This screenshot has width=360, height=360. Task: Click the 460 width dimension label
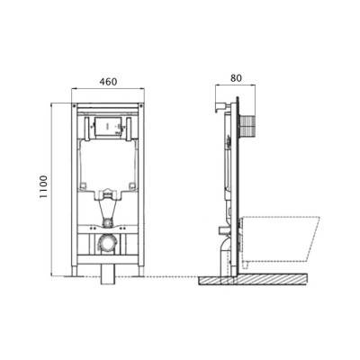(108, 82)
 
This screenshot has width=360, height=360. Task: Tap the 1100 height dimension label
(43, 186)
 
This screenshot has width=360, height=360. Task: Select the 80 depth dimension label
(236, 78)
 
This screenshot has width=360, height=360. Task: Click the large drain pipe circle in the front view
(108, 242)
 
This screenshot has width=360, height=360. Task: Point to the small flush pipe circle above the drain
(108, 223)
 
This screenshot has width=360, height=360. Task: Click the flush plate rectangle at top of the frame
(108, 126)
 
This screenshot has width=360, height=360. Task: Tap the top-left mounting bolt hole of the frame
(74, 105)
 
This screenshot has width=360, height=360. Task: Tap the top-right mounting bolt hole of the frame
(141, 105)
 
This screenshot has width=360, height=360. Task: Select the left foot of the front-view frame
(74, 270)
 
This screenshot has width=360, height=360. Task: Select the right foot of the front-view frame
(141, 270)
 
